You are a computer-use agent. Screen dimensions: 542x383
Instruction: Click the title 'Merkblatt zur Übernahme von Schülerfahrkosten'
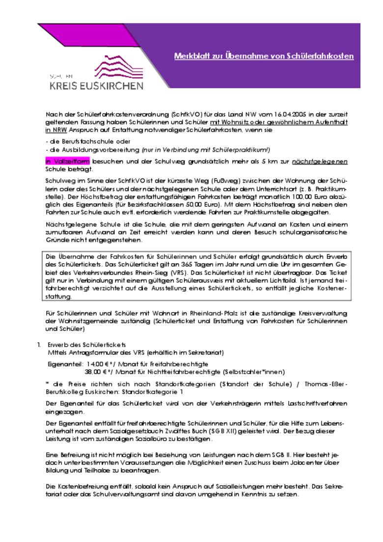point(264,56)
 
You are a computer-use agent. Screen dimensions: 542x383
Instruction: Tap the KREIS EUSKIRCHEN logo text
point(96,86)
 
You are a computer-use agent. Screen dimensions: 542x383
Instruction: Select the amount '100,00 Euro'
point(285,197)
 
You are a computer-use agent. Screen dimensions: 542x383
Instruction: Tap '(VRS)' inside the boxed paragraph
point(179,273)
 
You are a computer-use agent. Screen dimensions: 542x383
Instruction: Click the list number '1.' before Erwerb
point(40,345)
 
